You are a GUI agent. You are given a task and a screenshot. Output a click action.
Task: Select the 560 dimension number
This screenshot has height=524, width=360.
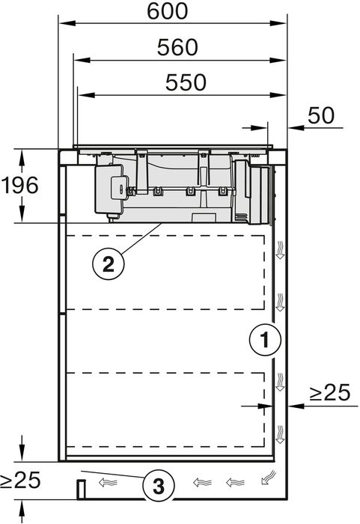coord(177,47)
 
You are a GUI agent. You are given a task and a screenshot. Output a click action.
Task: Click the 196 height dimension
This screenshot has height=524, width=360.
coord(19,185)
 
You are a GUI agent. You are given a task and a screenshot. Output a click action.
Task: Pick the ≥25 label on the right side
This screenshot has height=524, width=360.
coord(330,393)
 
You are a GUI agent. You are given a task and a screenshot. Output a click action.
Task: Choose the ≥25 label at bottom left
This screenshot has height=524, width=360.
coord(19,480)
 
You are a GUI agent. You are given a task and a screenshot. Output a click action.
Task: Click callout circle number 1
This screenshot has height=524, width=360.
coord(263,341)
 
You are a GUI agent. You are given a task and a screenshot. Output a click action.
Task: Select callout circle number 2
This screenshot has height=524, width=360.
coord(108,263)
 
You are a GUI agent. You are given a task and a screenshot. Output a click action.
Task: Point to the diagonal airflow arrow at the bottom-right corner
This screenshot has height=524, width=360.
coord(267,476)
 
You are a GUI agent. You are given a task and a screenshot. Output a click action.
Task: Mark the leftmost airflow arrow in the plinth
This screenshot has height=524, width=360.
coord(111,483)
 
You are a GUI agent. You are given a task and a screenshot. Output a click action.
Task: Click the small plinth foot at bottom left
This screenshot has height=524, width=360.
coord(79,490)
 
